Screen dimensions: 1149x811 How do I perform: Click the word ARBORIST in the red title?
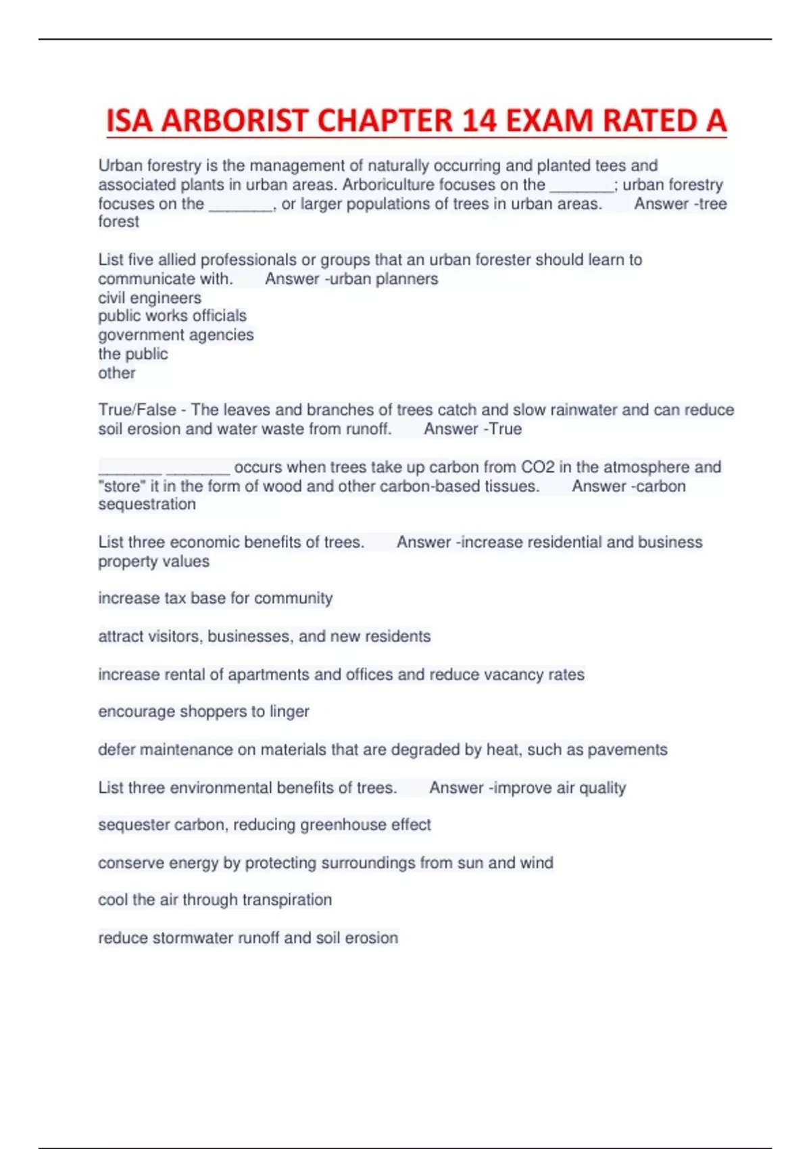(x=235, y=121)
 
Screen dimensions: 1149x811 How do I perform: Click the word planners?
(x=409, y=279)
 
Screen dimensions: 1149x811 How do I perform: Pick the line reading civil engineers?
(x=149, y=298)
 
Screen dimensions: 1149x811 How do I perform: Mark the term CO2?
(x=538, y=467)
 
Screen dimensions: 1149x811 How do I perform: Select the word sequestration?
(x=147, y=504)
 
